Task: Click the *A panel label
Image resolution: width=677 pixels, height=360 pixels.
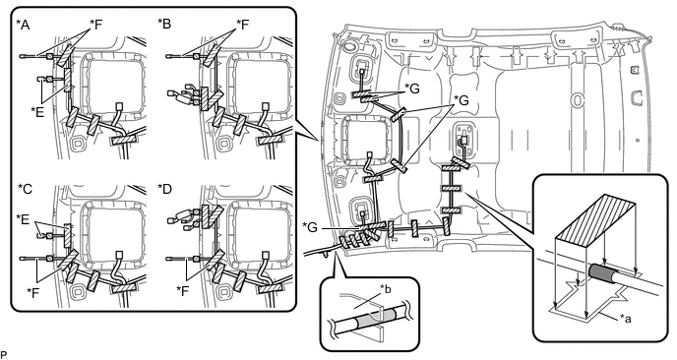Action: point(23,25)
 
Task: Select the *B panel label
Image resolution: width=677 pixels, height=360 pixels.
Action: point(164,24)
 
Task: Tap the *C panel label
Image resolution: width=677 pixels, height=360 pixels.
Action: point(25,189)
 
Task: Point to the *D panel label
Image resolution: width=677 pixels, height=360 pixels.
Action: point(164,189)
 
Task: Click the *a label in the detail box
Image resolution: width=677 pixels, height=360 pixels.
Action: point(627,318)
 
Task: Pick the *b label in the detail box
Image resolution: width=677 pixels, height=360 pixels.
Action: point(386,289)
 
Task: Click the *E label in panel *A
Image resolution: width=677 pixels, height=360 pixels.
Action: point(37,112)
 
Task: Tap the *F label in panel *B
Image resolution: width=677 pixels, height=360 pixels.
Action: point(243,25)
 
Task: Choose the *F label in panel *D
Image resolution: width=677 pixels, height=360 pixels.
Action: point(183,291)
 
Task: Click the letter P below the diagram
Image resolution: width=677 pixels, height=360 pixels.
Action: point(4,355)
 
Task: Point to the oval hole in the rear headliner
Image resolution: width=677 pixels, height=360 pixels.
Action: point(577,99)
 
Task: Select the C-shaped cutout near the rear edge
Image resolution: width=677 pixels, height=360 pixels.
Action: point(636,97)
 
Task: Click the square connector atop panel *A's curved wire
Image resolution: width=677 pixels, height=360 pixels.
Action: point(120,106)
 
